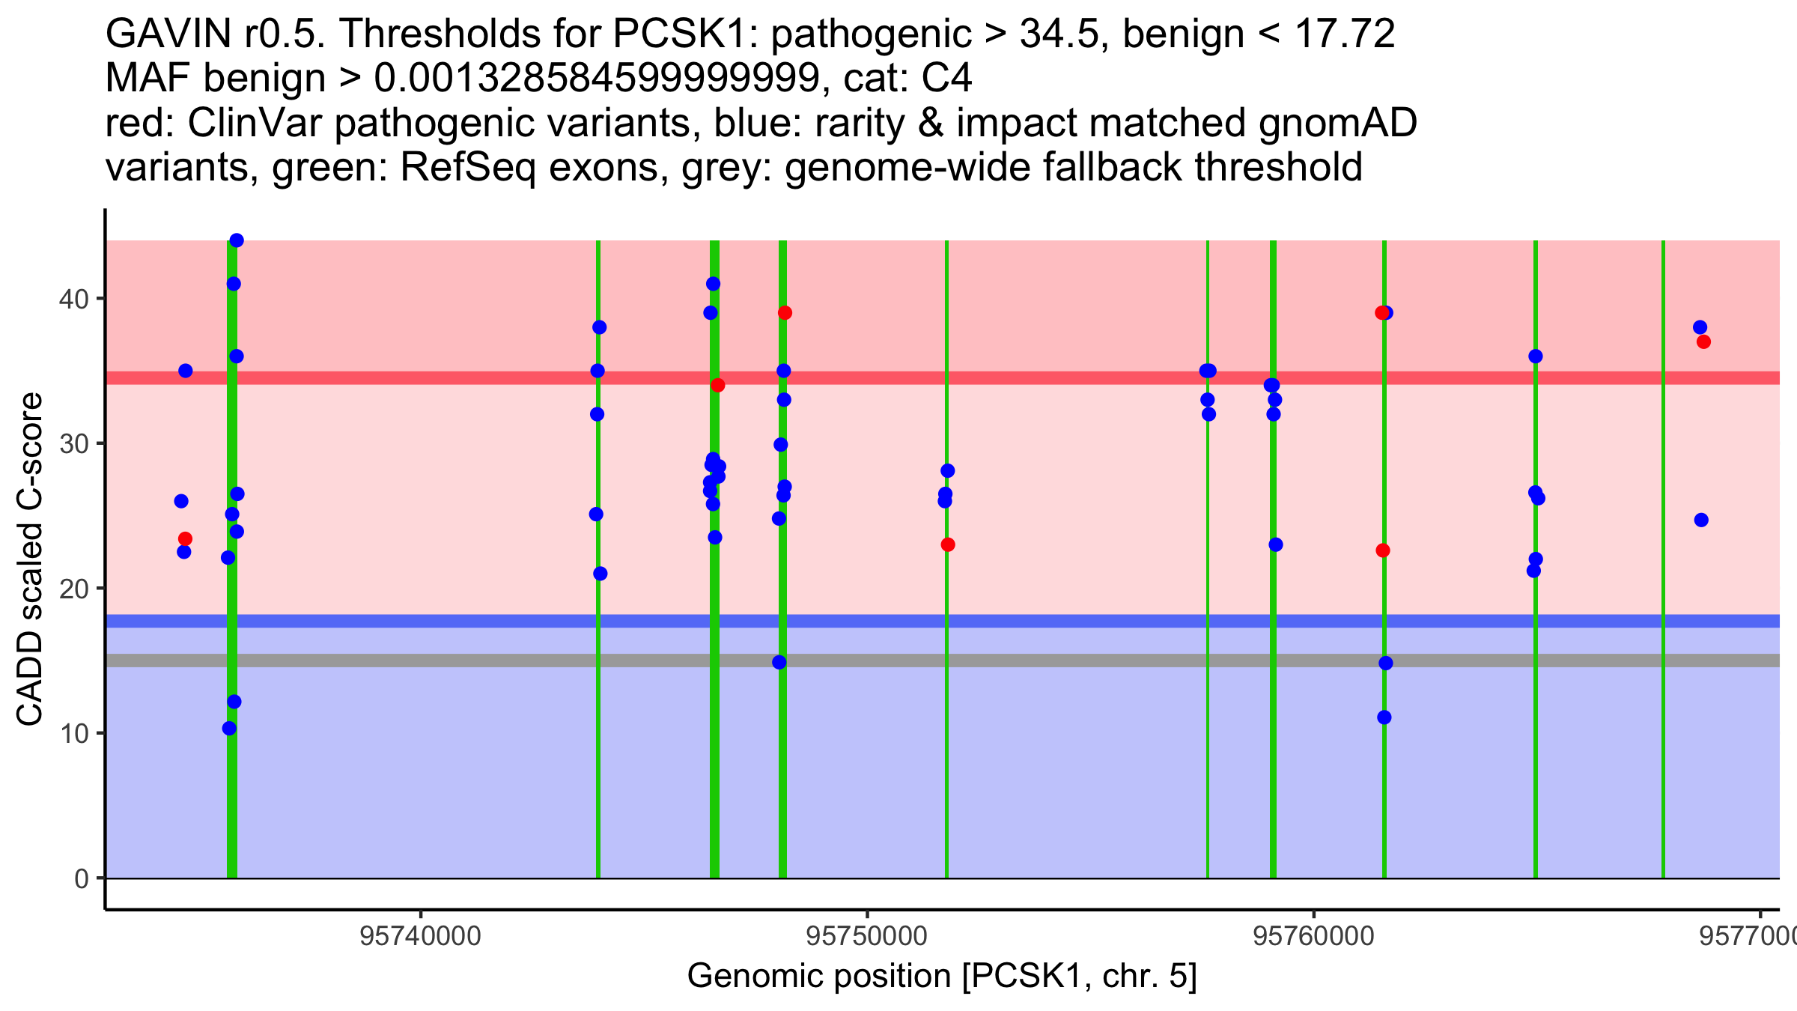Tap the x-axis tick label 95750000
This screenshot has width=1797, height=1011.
867,936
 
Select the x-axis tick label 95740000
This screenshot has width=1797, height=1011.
421,936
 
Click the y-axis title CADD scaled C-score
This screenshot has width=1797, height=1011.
30,559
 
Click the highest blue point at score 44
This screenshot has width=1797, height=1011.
237,240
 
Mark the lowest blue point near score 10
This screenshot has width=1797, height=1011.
229,729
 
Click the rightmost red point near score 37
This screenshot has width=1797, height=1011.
1703,342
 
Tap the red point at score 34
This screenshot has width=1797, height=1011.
718,386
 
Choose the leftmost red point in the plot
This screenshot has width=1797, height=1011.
185,539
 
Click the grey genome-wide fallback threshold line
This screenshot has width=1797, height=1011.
943,661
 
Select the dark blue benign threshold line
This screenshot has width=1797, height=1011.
943,621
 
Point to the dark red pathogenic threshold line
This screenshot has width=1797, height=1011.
943,378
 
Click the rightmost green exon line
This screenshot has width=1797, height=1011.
1663,559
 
